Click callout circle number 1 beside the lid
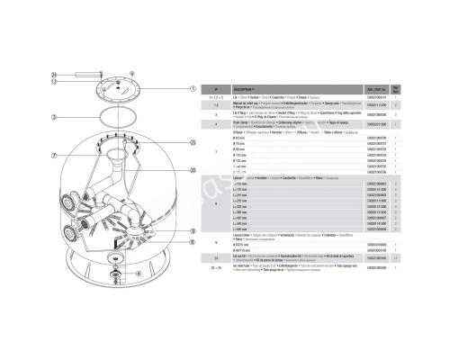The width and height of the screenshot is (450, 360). (193, 88)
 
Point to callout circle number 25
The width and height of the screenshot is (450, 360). (193, 142)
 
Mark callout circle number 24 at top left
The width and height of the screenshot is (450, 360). (54, 74)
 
